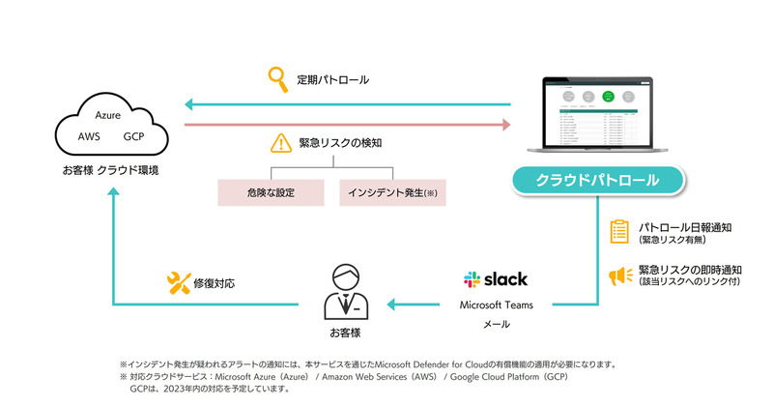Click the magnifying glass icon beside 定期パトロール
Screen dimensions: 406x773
pos(279,77)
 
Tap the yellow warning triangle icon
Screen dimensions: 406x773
pos(280,143)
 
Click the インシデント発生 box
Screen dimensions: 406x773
pos(391,191)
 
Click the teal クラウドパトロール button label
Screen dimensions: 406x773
pos(598,180)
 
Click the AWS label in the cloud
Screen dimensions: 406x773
pos(90,136)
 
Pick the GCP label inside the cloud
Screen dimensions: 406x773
pos(134,136)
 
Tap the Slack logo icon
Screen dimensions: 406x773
pos(472,279)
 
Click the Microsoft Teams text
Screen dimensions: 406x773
pos(497,305)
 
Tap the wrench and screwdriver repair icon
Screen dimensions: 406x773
pos(179,283)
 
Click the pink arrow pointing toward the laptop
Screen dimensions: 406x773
pos(348,125)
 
